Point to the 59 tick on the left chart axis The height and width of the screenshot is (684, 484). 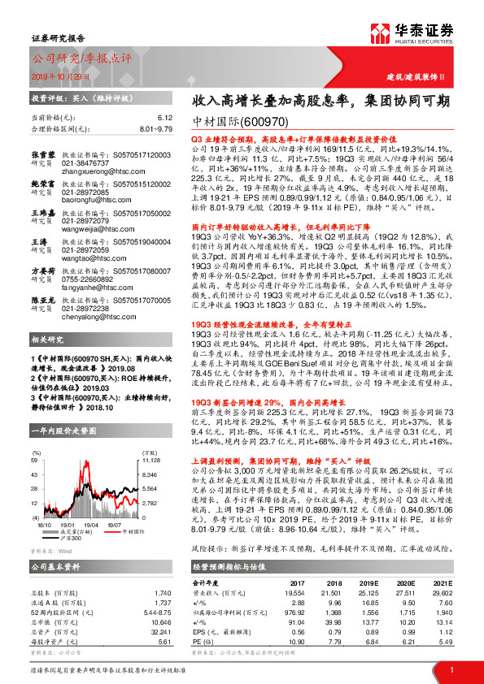point(36,460)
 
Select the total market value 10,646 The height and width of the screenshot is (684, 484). point(161,621)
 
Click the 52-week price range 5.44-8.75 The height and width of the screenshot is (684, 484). point(155,610)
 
